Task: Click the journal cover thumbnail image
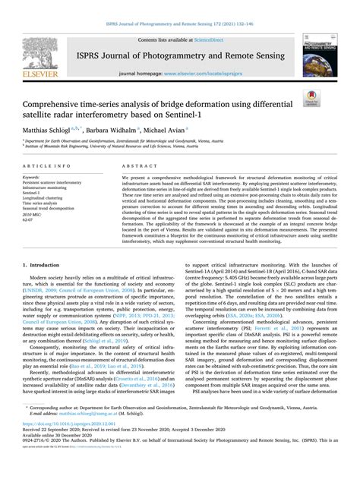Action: (x=318, y=57)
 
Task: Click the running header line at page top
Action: (x=179, y=6)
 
